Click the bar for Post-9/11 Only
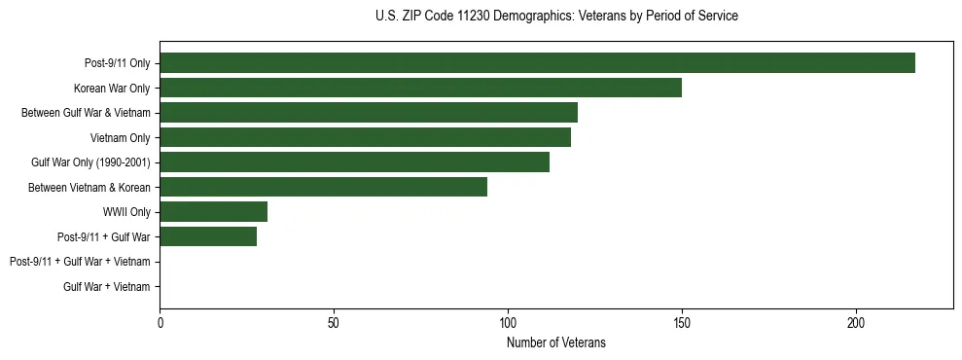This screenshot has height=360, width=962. click(537, 63)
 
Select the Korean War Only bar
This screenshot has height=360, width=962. click(420, 88)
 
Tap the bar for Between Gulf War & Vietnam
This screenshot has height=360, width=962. click(369, 113)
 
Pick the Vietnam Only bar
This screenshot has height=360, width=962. click(365, 137)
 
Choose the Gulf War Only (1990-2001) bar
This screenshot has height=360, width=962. click(354, 162)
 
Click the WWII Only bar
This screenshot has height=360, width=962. click(214, 211)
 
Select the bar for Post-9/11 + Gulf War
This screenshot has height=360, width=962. click(208, 236)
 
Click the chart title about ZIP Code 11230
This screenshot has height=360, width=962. click(556, 17)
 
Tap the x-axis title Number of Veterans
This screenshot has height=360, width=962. click(556, 342)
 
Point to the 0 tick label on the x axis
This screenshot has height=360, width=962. click(160, 322)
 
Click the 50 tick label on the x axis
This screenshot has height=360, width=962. click(334, 322)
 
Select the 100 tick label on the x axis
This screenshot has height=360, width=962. click(508, 322)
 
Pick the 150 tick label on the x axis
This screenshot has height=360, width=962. click(682, 322)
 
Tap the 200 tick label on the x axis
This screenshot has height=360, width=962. click(856, 322)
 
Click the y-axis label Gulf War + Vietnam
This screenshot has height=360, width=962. click(107, 286)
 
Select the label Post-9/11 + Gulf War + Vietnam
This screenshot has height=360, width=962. click(80, 262)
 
